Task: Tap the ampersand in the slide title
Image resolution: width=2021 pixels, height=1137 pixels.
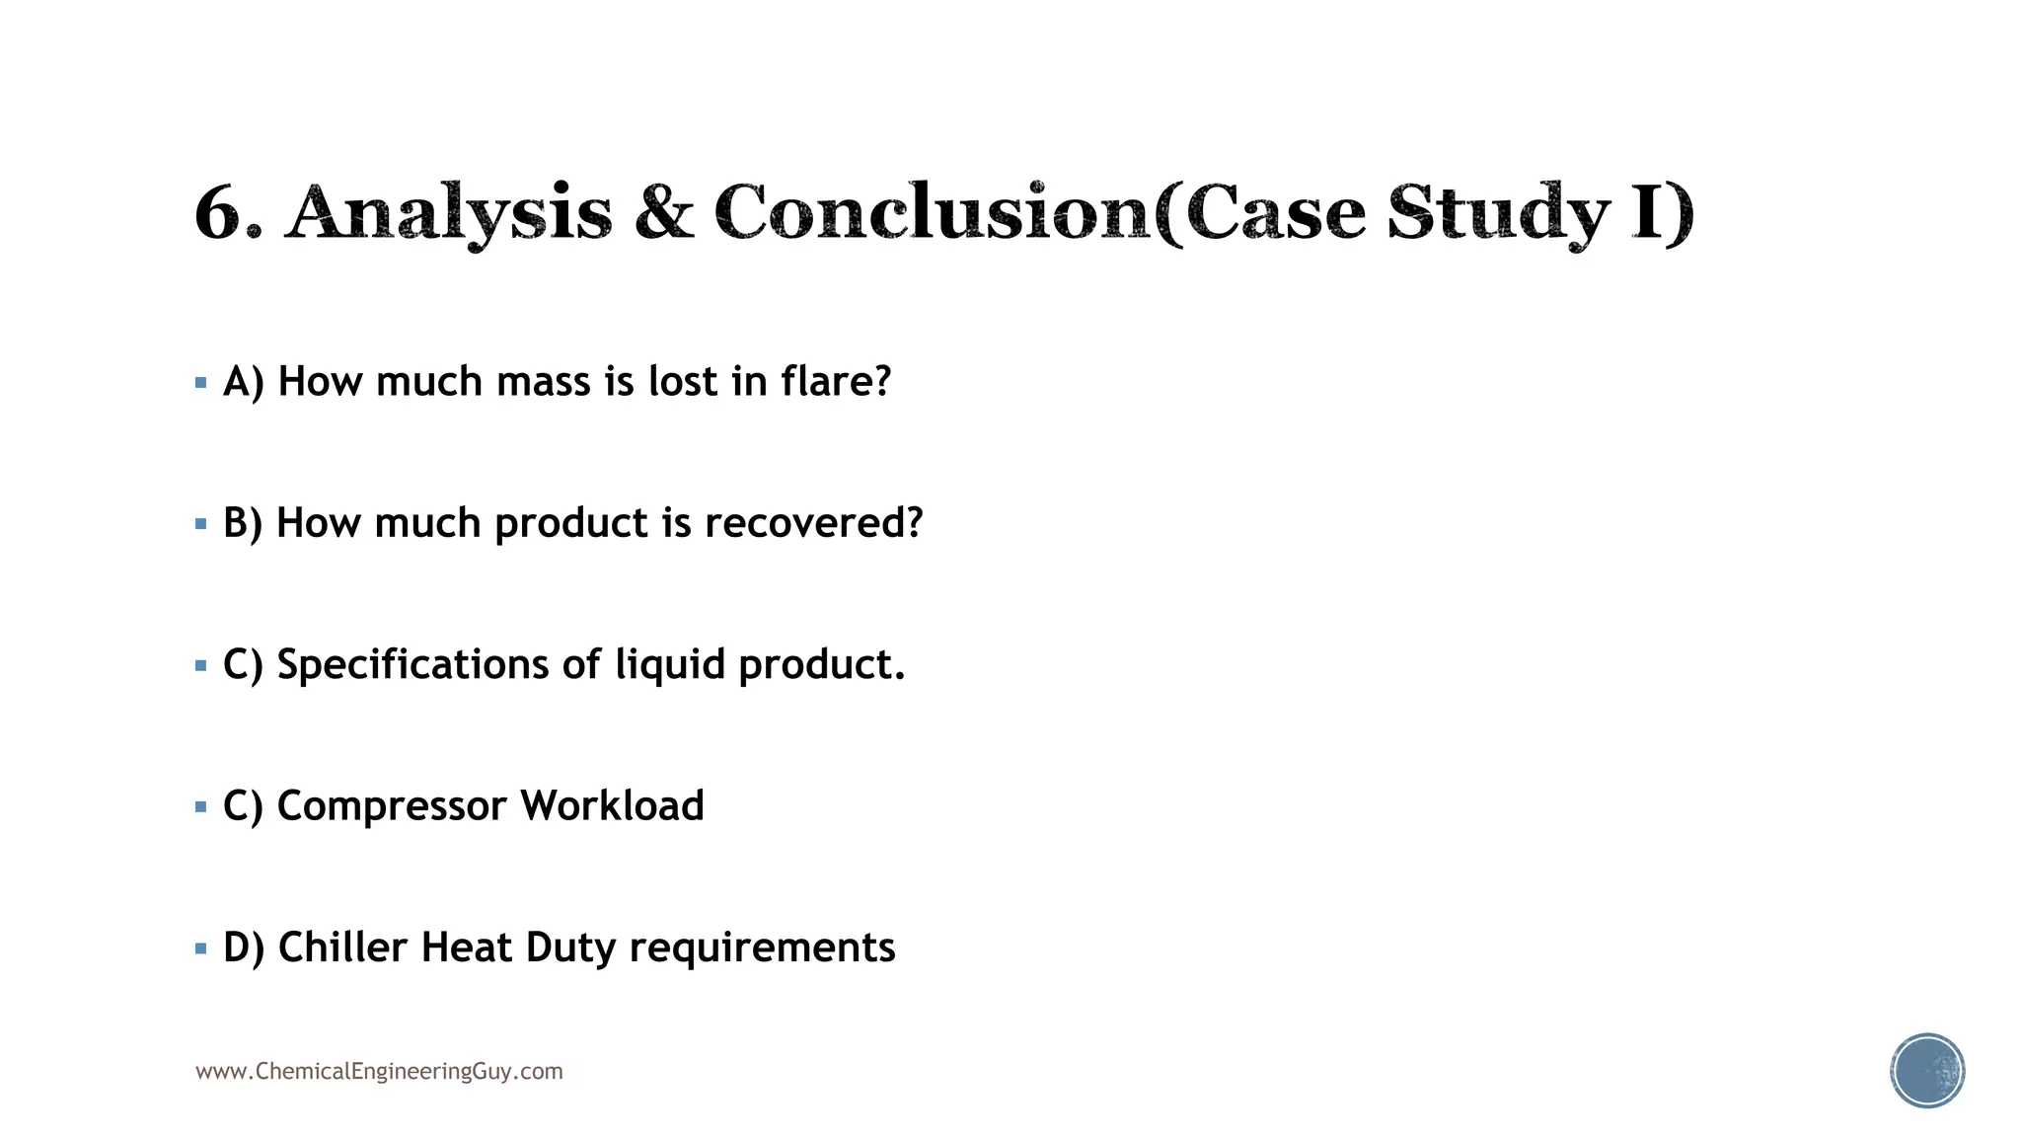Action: pos(664,211)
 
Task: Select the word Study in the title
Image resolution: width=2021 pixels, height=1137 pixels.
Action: pos(1498,213)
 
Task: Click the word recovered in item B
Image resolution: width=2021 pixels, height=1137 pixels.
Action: pos(813,523)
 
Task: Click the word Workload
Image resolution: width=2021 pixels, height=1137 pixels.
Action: pos(612,805)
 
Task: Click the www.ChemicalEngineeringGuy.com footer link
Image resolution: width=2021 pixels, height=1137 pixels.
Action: pos(379,1071)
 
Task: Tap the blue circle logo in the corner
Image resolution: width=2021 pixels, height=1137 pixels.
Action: pos(1927,1071)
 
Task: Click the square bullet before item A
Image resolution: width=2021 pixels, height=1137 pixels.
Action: pos(201,383)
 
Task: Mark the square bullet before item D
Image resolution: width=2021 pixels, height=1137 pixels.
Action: pos(201,949)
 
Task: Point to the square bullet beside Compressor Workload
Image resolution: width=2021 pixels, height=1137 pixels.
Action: pos(201,807)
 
